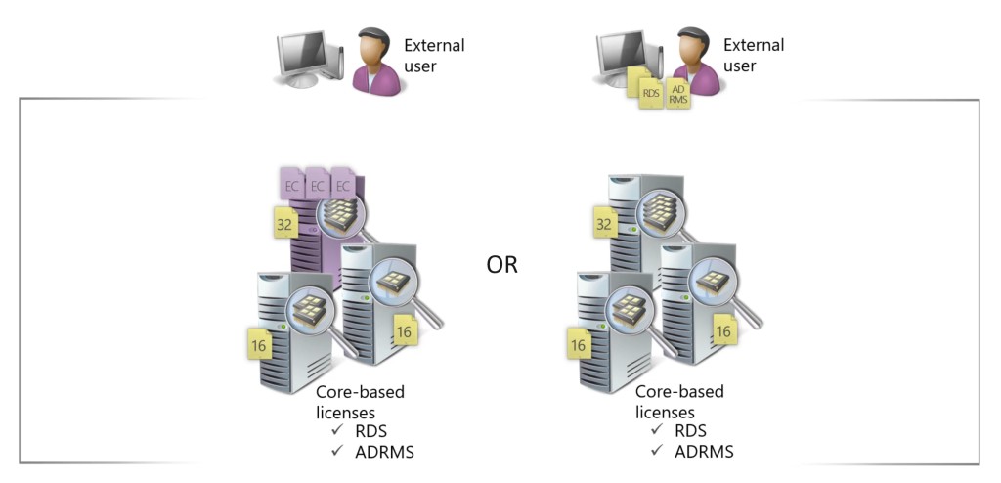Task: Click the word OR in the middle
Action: [502, 265]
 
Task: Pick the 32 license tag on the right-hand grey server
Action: [606, 226]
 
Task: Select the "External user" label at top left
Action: [434, 56]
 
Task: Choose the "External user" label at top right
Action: [754, 56]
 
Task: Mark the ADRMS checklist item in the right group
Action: [703, 451]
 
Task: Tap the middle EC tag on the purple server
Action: [317, 185]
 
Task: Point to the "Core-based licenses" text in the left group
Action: [360, 401]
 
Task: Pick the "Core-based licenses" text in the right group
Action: [679, 401]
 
